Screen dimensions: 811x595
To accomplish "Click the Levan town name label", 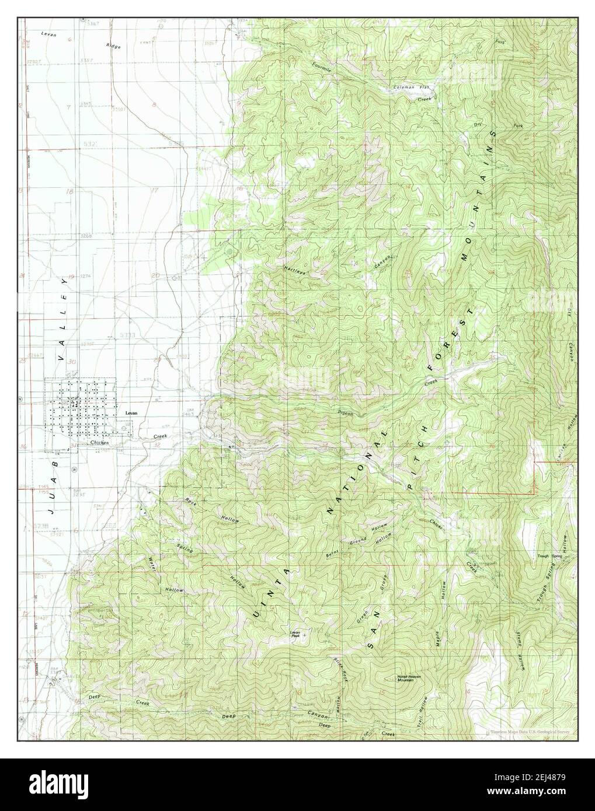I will point(131,413).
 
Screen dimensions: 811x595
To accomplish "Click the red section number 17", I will point(154,190).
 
